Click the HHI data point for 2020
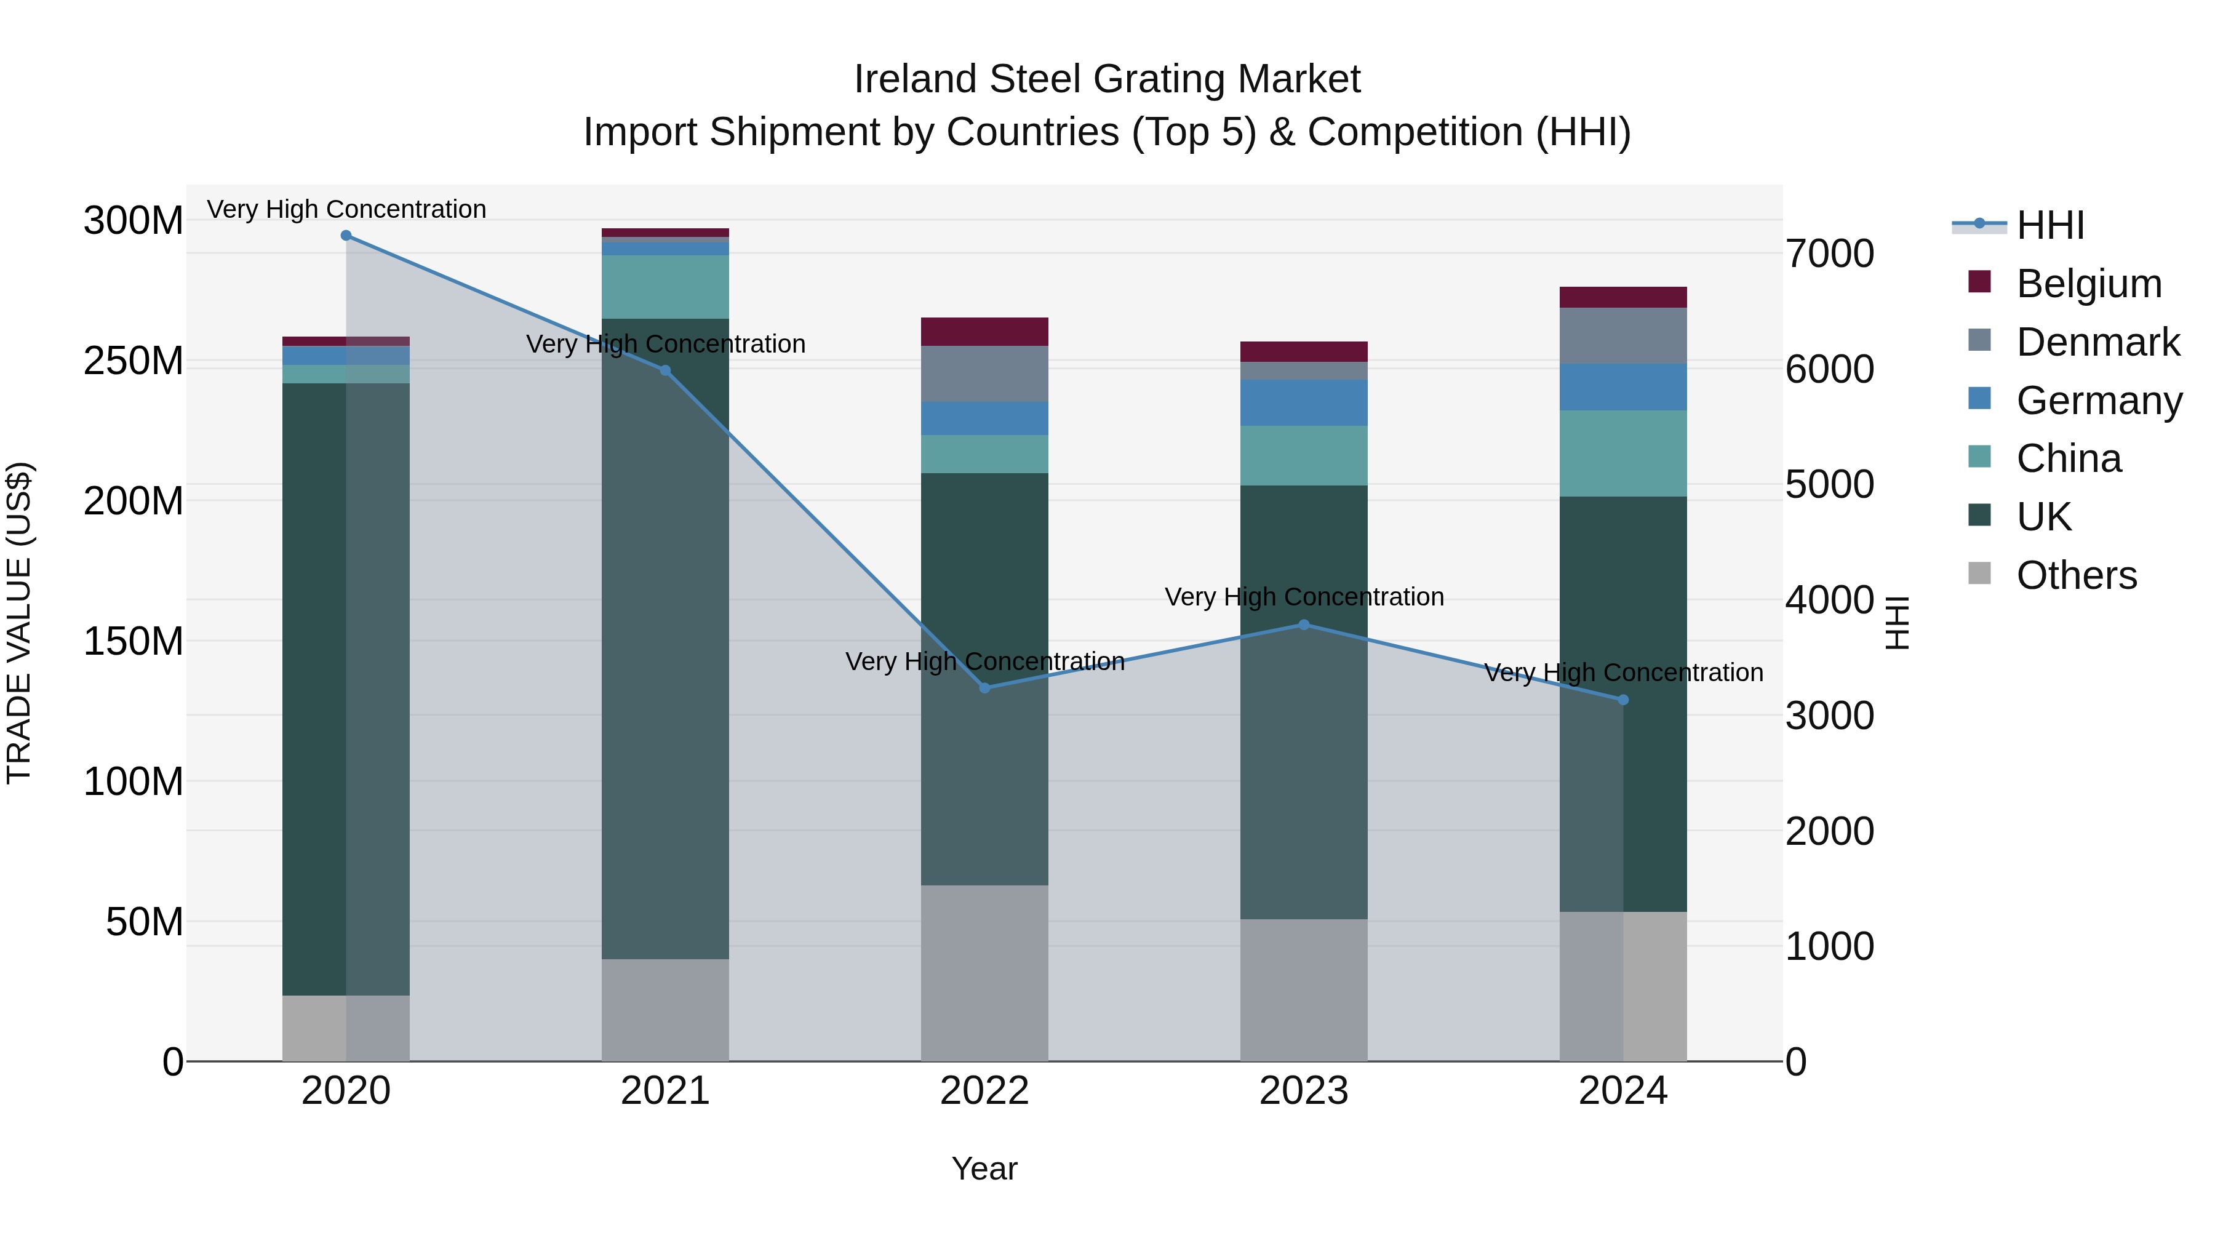(346, 236)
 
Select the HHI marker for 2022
(984, 688)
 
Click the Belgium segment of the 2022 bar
(984, 332)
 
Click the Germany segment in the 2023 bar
(1304, 402)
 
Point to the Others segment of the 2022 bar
(984, 973)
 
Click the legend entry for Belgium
(2088, 284)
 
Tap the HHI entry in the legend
(2050, 225)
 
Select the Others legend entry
(2076, 575)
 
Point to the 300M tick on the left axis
(134, 221)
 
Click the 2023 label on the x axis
(1304, 1091)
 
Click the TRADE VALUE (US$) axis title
(19, 623)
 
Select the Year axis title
(984, 1168)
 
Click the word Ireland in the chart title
(915, 79)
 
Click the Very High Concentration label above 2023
(1304, 597)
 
